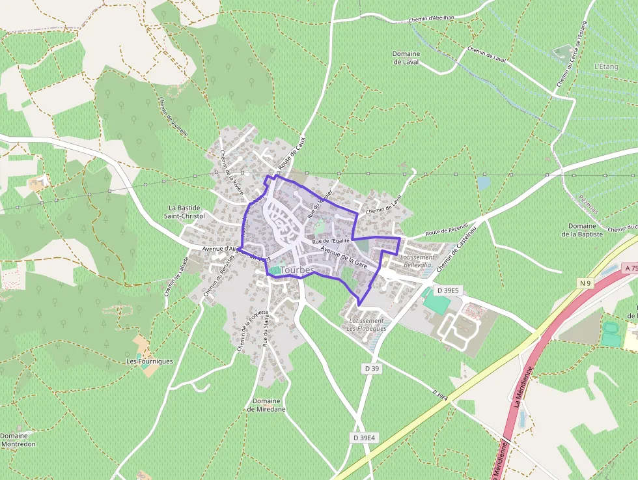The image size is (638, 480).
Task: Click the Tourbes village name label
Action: click(x=297, y=270)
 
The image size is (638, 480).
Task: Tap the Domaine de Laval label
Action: click(x=406, y=58)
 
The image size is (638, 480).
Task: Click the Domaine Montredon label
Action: click(x=18, y=440)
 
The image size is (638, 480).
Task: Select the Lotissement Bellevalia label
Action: click(x=417, y=261)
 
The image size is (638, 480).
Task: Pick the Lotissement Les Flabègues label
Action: click(x=367, y=324)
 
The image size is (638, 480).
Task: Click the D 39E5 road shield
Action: click(x=448, y=290)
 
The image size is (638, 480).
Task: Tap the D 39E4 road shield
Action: click(x=363, y=438)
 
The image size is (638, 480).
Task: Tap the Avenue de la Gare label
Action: click(x=344, y=258)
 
